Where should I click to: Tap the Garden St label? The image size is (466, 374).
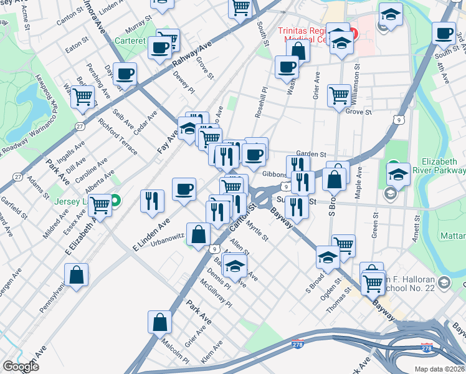(311, 154)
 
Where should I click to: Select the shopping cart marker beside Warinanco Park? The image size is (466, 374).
(82, 97)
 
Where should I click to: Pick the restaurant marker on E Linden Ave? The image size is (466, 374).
(152, 201)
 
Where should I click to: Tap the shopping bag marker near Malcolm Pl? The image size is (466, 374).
(159, 322)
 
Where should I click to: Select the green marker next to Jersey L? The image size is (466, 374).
(117, 201)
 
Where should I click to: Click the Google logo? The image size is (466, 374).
(21, 367)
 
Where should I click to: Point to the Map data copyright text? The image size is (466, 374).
(439, 369)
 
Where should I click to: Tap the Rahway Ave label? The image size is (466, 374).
(193, 57)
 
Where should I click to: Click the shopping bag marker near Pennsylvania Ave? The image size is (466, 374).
(76, 275)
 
